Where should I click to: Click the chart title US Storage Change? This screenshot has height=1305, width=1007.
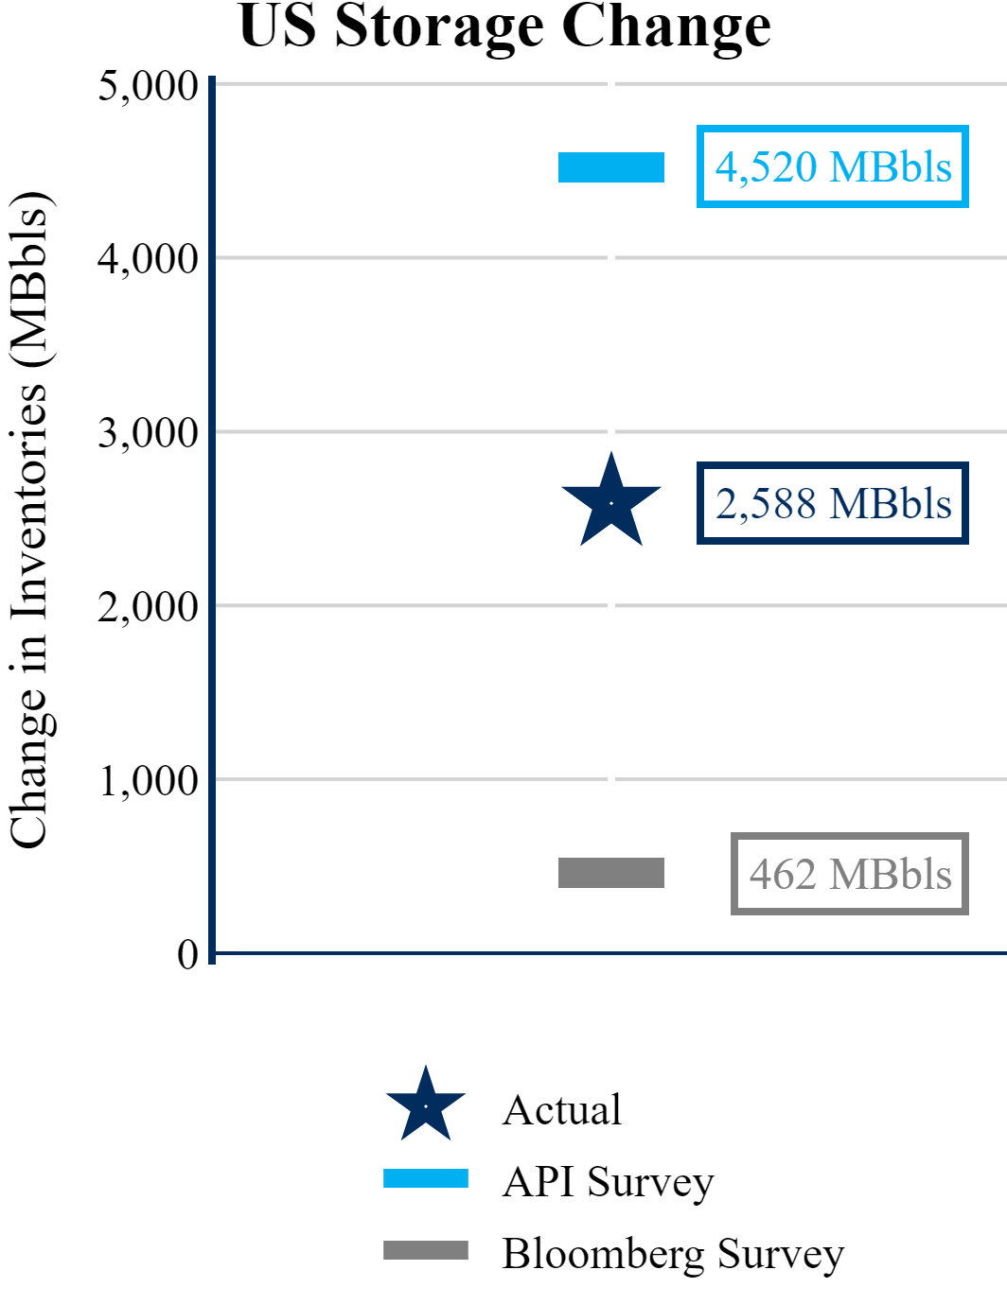coord(504,26)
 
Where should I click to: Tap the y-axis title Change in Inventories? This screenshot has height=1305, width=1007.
coord(30,520)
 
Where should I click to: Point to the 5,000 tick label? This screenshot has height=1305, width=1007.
coord(148,86)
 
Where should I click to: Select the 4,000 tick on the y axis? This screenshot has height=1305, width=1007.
coord(148,258)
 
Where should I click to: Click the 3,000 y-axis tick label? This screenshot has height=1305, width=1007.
coord(148,433)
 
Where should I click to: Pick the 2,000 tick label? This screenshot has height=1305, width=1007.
coord(148,606)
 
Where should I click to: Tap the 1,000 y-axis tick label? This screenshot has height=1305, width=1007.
coord(149,781)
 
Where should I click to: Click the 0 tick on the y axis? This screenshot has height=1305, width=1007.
coord(188,954)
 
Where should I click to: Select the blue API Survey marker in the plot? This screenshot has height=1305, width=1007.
coord(611,167)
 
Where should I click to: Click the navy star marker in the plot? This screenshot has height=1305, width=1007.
coord(611,503)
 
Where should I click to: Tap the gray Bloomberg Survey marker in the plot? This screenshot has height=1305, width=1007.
coord(611,873)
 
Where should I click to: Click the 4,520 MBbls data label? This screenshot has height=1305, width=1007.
coord(833,166)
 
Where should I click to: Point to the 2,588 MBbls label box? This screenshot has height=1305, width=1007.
coord(833,503)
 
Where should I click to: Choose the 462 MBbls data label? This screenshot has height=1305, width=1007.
coord(850,874)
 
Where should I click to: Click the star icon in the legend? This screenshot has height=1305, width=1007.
coord(426,1105)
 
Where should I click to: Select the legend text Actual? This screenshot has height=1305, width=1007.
coord(562,1110)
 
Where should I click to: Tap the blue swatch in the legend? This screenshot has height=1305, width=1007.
coord(426,1178)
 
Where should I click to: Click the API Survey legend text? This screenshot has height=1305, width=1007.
coord(608,1182)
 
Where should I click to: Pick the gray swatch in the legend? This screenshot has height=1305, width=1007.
coord(426,1250)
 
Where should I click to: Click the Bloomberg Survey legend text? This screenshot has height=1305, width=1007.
coord(673,1254)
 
